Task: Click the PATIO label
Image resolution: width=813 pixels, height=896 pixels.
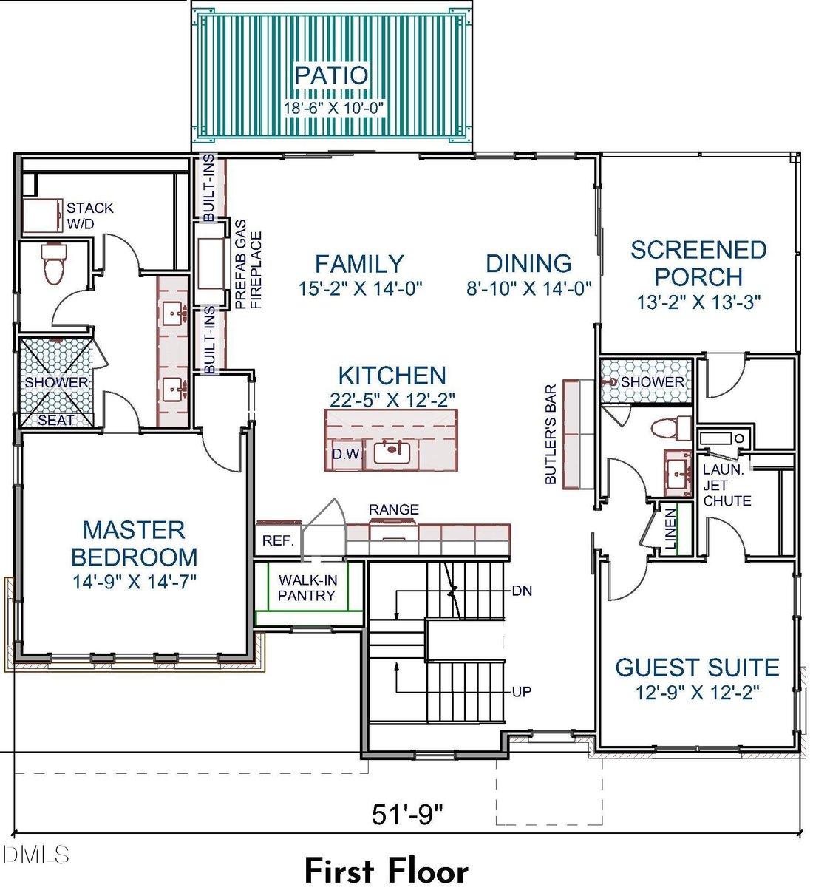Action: point(331,75)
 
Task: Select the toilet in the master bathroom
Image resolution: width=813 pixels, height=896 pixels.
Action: point(54,263)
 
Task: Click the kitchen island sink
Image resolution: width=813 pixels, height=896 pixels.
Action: point(392,452)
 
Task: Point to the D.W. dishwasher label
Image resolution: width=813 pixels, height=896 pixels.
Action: point(347,454)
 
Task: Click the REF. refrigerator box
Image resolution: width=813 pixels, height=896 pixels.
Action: point(279,540)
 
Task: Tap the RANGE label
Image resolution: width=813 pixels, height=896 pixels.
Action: point(393,509)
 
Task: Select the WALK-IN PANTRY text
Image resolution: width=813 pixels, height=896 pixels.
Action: point(307,588)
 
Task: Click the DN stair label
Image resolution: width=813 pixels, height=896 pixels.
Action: point(522,591)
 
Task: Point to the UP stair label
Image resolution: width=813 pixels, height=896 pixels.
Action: point(521,692)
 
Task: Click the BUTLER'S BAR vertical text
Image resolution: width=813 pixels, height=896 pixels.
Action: point(551,434)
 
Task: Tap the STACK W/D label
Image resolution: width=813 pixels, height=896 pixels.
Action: point(89,216)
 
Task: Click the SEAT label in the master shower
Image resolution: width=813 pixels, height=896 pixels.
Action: point(56,421)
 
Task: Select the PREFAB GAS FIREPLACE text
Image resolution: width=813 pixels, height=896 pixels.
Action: point(248,265)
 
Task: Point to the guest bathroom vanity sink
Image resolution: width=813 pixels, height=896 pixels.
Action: point(678,473)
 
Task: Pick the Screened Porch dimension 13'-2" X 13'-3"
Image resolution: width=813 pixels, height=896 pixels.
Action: point(698,302)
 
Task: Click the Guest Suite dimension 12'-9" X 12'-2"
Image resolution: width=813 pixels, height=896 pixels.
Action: point(697,693)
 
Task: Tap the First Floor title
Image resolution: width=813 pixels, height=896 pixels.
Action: point(387,871)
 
